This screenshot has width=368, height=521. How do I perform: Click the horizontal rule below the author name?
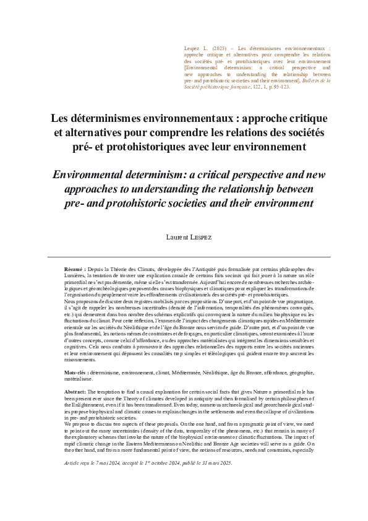pos(184,257)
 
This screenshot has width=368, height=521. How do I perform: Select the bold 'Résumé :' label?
pos(76,270)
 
